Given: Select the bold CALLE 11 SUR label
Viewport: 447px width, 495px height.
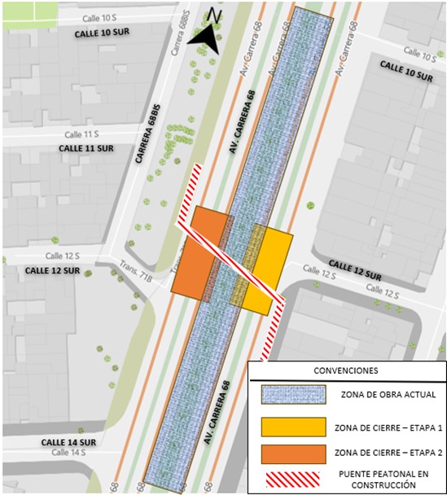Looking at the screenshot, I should (86, 149).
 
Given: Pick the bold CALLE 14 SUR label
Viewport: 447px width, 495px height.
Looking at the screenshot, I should (69, 442).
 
